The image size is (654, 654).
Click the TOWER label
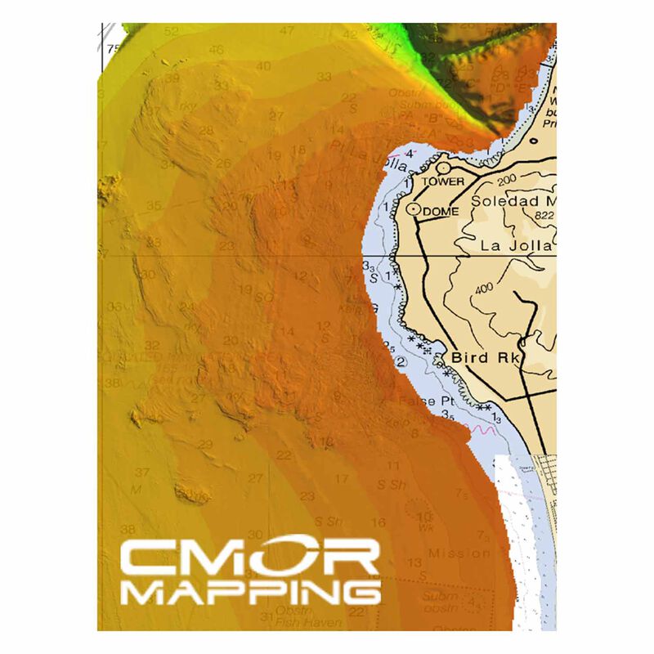[444, 181]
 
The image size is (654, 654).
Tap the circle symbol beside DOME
[414, 210]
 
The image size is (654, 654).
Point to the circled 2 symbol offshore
[401, 361]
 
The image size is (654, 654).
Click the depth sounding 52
[171, 32]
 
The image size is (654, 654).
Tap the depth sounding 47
[287, 31]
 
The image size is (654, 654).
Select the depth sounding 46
[217, 50]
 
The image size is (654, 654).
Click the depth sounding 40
[264, 65]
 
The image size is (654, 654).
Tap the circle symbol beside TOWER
[442, 168]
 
